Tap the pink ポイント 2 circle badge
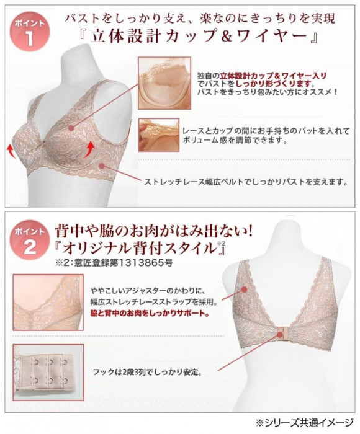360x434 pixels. [29, 240]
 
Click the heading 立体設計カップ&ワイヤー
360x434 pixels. [199, 36]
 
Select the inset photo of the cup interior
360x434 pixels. [164, 83]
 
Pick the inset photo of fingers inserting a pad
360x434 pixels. [159, 135]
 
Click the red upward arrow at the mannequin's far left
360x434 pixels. [11, 151]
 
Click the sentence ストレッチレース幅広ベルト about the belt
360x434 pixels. [246, 182]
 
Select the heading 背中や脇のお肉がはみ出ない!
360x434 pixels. [153, 231]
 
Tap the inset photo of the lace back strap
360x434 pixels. [48, 303]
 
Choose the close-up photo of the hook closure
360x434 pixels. [48, 372]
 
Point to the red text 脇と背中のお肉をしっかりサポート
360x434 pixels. [150, 314]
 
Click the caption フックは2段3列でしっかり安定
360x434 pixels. [146, 372]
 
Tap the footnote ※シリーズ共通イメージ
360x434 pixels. [305, 422]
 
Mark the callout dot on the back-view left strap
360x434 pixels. [244, 290]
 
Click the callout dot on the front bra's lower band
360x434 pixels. [102, 166]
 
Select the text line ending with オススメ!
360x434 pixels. [267, 92]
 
